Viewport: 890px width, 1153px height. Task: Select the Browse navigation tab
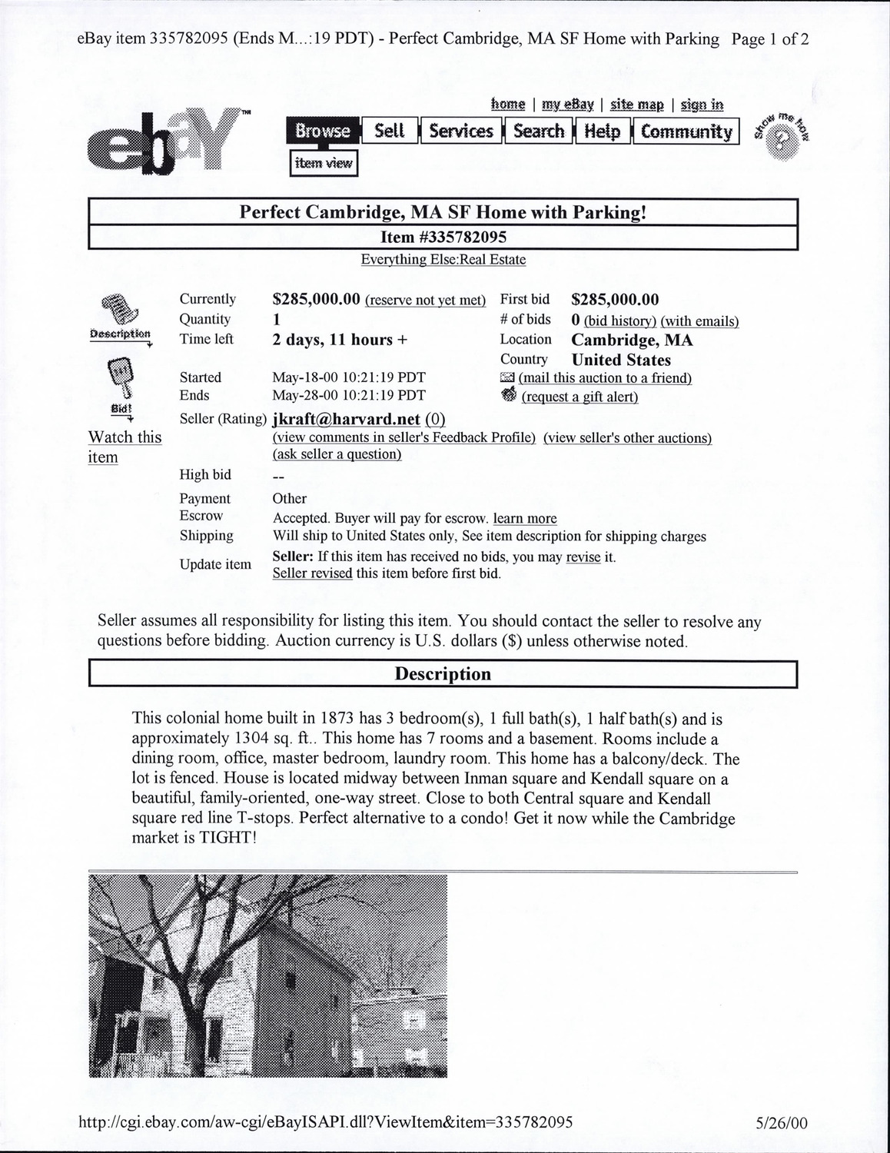(323, 131)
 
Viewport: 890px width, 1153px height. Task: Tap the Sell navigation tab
(390, 131)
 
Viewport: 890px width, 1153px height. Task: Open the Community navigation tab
(686, 131)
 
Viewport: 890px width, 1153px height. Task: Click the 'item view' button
(324, 163)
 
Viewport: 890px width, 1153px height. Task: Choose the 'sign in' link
(702, 105)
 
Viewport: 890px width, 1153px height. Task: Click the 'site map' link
(636, 105)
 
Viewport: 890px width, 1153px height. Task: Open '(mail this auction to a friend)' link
(605, 378)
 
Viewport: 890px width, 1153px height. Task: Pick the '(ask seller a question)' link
(337, 454)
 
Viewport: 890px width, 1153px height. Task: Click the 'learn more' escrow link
(525, 519)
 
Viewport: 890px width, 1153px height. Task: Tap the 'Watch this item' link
(125, 447)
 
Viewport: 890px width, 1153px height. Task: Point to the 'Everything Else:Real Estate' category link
(443, 260)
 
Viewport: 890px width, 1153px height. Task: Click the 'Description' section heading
(443, 674)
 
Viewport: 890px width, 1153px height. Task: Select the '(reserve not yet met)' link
(426, 301)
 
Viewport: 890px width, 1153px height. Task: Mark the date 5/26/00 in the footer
(782, 1123)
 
